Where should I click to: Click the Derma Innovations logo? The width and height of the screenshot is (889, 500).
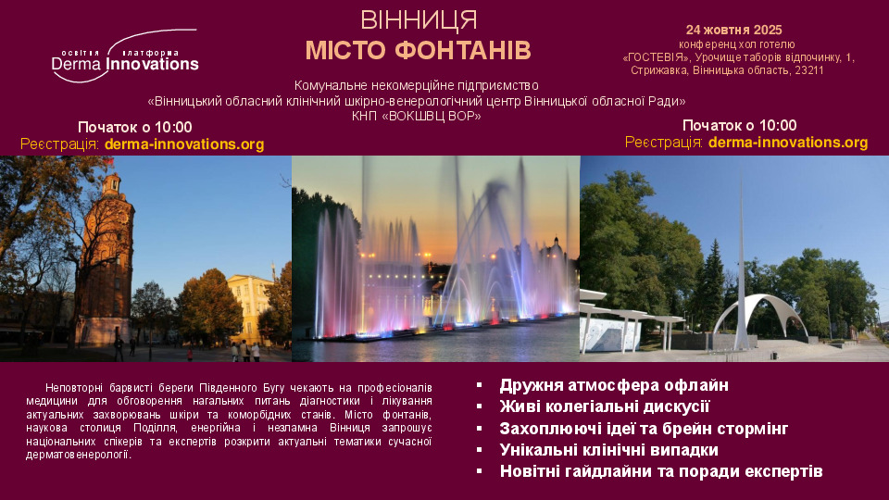[x=125, y=56]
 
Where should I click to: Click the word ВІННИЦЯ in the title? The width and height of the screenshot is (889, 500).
[x=419, y=21]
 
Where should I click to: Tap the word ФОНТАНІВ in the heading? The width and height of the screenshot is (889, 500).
[x=463, y=50]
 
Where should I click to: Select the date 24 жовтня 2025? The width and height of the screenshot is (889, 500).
[x=733, y=30]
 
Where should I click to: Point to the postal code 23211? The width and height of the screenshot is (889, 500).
[x=808, y=70]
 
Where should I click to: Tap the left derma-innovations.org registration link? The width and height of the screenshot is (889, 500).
[x=184, y=144]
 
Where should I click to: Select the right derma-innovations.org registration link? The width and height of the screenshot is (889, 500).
[x=788, y=143]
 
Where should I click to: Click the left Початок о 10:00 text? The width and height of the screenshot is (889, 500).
[x=135, y=127]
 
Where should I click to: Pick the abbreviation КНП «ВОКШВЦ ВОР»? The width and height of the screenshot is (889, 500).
[x=416, y=117]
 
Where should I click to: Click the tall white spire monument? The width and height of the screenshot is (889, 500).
[x=741, y=272]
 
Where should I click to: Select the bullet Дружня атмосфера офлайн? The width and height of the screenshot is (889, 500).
[x=613, y=385]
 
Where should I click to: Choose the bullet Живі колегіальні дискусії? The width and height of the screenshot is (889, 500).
[x=605, y=406]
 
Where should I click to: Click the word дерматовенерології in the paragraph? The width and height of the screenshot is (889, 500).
[x=78, y=455]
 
